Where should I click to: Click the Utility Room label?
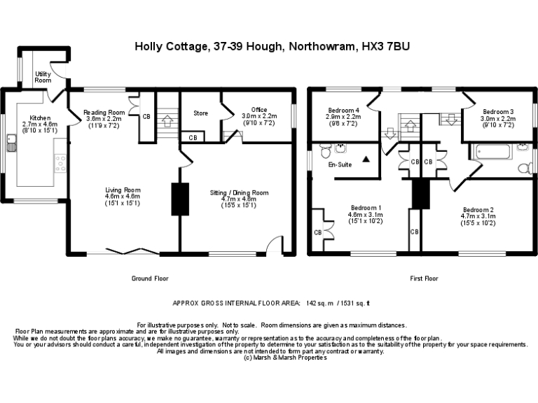[x=43, y=76]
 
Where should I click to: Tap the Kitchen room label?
[x=39, y=118]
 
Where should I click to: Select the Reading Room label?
[x=104, y=113]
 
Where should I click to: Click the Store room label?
[x=201, y=113]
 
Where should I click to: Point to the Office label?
[x=259, y=110]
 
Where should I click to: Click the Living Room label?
[x=123, y=190]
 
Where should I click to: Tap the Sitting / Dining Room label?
[x=239, y=192]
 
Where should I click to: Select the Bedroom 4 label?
[x=343, y=111]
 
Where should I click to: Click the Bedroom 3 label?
[x=497, y=111]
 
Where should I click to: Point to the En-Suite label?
[x=340, y=165]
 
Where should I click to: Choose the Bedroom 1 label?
[x=366, y=208]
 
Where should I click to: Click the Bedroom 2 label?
[x=478, y=210]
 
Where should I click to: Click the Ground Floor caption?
[x=151, y=278]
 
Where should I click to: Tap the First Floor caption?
[x=424, y=278]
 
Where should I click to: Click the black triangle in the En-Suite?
[x=365, y=160]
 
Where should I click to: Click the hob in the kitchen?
[x=61, y=163]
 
